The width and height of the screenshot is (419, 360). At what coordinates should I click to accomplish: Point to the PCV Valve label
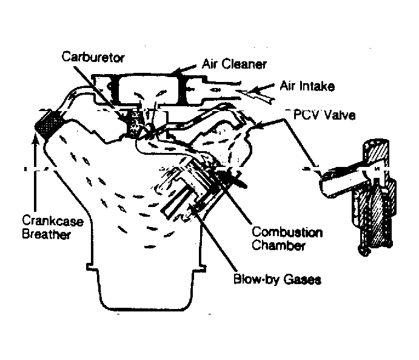[311, 113]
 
